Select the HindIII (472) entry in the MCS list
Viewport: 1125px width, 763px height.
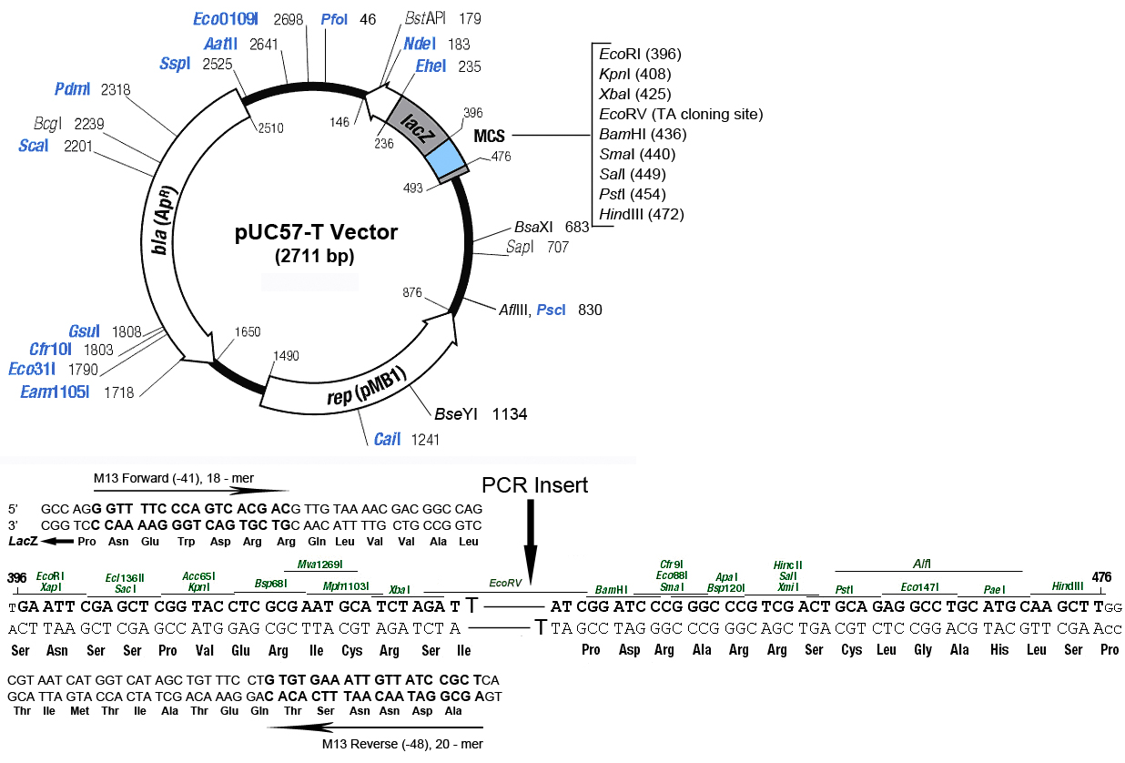pyautogui.click(x=641, y=214)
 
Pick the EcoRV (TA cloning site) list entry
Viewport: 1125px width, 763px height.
pyautogui.click(x=680, y=114)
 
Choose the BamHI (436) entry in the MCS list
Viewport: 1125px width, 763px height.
pyautogui.click(x=642, y=134)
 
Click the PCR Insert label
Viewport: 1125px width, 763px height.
pyautogui.click(x=535, y=485)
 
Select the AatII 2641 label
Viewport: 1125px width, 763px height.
pyautogui.click(x=242, y=44)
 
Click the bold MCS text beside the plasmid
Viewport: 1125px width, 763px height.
pyautogui.click(x=489, y=136)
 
